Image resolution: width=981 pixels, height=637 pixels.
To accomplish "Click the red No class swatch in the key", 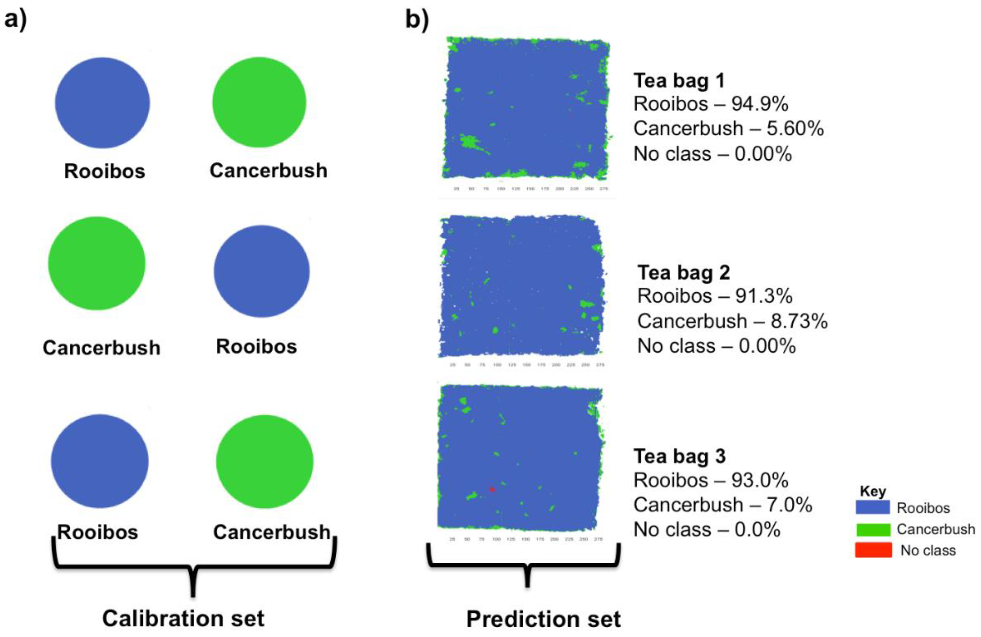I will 873,550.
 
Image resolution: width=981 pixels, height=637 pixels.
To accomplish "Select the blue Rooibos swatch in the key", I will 873,507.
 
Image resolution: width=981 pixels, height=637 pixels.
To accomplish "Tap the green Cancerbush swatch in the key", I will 873,529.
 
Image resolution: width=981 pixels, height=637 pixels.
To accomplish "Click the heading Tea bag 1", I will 679,80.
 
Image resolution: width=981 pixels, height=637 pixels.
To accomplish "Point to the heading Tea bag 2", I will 684,273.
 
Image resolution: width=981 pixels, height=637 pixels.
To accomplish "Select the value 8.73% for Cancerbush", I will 799,321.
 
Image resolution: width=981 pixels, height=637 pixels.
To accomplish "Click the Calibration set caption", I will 183,618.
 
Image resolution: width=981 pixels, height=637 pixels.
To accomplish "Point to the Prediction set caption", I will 543,619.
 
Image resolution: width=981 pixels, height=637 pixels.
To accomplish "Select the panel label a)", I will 16,20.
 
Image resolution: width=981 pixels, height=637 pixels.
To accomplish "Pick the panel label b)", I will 417,20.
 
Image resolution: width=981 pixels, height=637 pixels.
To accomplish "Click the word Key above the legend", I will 873,491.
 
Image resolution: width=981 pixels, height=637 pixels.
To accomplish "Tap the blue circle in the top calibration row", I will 102,103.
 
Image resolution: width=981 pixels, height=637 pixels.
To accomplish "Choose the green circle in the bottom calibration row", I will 264,462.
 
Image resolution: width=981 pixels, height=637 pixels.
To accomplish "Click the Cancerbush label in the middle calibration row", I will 101,348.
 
